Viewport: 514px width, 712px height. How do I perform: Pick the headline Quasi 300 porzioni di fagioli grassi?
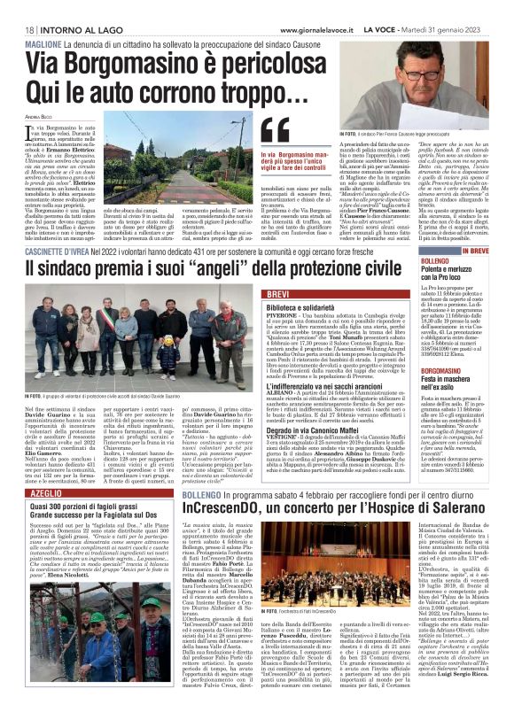pyautogui.click(x=83, y=505)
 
